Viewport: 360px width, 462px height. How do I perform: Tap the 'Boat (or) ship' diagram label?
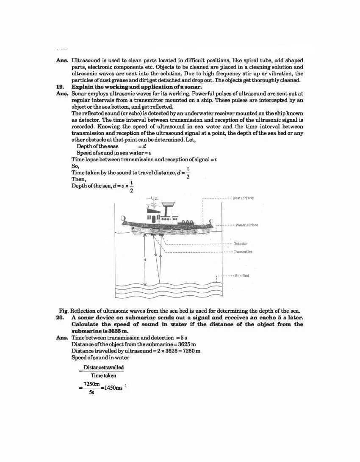[244, 198]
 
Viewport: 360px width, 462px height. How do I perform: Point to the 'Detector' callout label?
[241, 244]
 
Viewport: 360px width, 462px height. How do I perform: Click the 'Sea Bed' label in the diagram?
[242, 276]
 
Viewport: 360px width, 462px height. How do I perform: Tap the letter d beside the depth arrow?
[144, 259]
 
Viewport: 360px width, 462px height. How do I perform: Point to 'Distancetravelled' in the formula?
[103, 368]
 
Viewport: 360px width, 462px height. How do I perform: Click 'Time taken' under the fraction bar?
[103, 376]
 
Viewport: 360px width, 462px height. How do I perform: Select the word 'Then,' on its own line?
[79, 179]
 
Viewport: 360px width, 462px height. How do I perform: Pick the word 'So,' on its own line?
[75, 166]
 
